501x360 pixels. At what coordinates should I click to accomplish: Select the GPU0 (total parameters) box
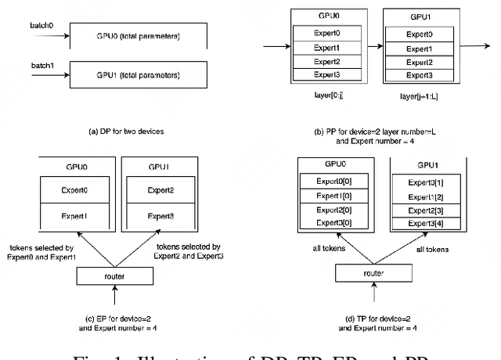coord(138,36)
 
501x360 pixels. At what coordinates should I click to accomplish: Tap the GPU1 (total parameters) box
coord(138,75)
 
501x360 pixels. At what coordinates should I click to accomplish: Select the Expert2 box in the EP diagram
coord(160,190)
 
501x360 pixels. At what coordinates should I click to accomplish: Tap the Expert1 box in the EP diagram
coord(75,214)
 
